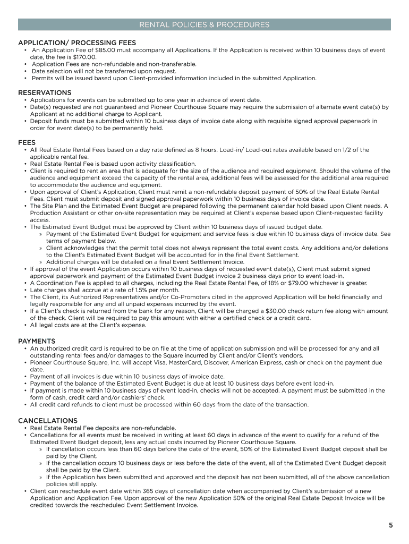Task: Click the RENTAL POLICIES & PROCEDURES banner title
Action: coord(204,25)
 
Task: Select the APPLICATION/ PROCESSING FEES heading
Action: coord(77,42)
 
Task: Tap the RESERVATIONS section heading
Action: coord(45,92)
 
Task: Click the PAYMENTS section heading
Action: coord(37,341)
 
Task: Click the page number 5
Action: coord(390,525)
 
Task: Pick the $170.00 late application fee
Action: coord(85,57)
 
